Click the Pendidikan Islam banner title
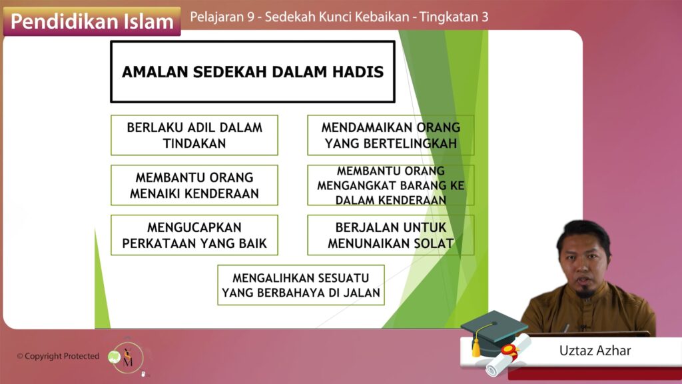(92, 21)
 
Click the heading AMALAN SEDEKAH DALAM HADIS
(252, 72)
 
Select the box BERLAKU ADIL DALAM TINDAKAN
(194, 135)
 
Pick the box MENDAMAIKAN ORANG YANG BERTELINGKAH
(390, 135)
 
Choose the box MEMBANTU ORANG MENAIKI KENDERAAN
(194, 185)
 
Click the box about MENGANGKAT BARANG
(390, 185)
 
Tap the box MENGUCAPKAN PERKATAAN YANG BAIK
(194, 235)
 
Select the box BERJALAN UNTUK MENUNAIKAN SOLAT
(390, 235)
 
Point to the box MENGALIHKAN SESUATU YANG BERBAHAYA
(301, 285)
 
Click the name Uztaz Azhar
(595, 351)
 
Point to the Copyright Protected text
(59, 356)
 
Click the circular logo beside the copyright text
(128, 357)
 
